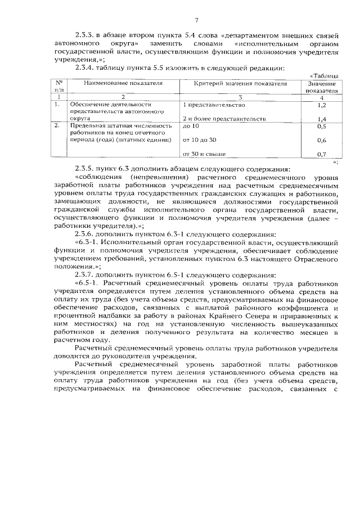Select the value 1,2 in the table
pyautogui.click(x=322, y=105)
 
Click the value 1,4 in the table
pyautogui.click(x=322, y=119)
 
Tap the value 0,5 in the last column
pyautogui.click(x=322, y=127)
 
